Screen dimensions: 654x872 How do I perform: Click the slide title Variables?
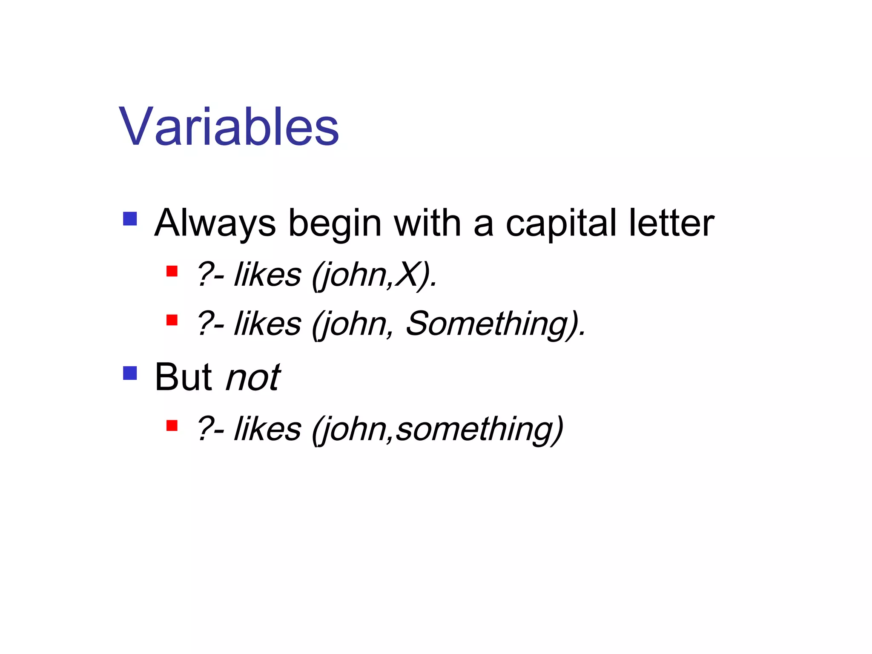coord(229,127)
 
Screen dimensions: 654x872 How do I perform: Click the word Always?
coord(215,223)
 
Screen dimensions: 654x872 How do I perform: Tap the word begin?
coord(335,223)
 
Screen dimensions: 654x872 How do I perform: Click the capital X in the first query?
coord(407,275)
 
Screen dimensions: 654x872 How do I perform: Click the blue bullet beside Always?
coord(130,219)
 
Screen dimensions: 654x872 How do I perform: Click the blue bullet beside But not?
coord(130,373)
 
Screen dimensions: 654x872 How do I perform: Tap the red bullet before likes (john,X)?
coord(172,271)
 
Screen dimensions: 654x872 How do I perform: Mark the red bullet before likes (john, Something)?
coord(172,320)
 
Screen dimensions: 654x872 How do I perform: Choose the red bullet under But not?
coord(172,425)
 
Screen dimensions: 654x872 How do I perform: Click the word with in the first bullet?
coord(427,223)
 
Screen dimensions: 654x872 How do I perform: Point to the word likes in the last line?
coord(268,429)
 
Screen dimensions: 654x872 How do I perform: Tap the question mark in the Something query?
coord(204,324)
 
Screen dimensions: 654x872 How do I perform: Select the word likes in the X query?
coord(268,275)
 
